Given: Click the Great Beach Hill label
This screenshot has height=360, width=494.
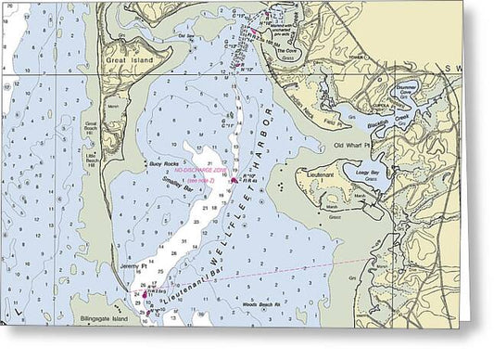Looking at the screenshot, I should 91,127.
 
